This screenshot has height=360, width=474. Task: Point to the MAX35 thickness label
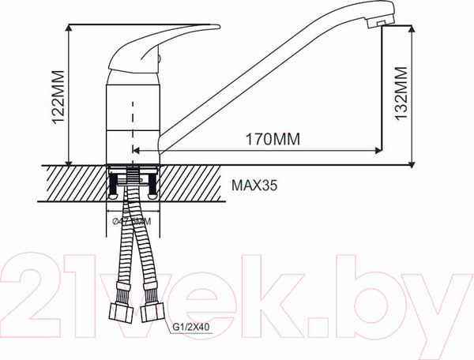(255, 187)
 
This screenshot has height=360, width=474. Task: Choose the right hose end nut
(152, 311)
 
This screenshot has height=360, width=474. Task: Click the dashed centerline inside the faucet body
(133, 118)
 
